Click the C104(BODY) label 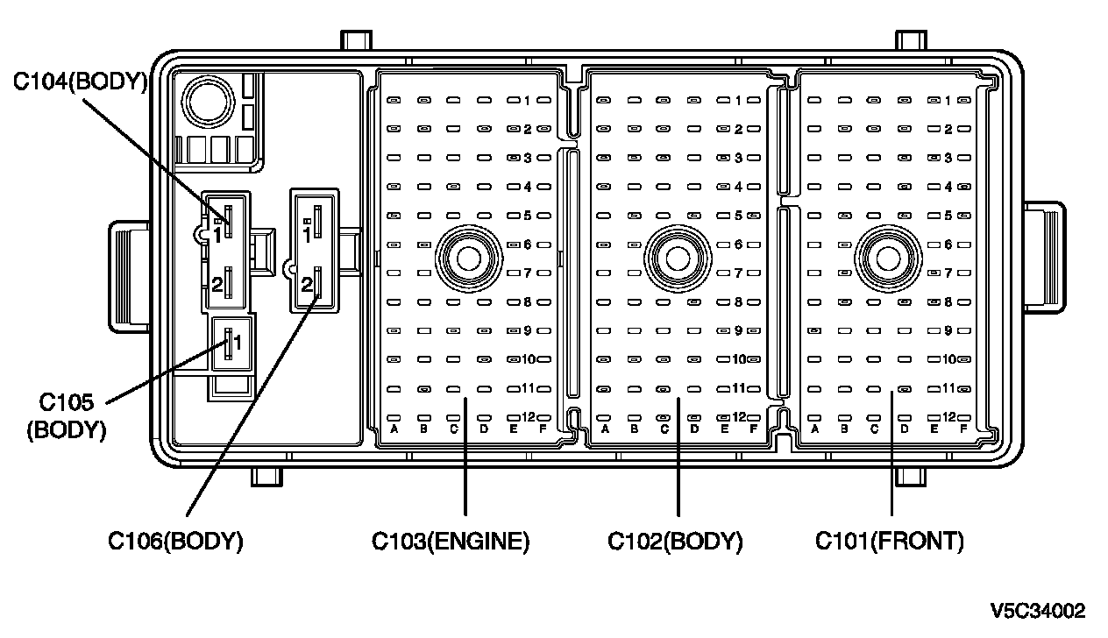(80, 82)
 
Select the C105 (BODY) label (67, 416)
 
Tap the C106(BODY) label (175, 541)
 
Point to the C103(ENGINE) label (451, 541)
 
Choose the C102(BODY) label (675, 541)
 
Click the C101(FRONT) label (890, 541)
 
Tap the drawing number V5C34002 (1038, 611)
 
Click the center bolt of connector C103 (468, 259)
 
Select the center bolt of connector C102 (678, 259)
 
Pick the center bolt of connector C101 (888, 259)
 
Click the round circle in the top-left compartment (208, 102)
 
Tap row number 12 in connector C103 (529, 416)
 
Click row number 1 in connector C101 (948, 101)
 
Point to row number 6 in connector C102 (738, 245)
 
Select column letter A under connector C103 (394, 429)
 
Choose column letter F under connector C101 (963, 429)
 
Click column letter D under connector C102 (694, 429)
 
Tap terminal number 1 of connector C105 (238, 343)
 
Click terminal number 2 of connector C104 (217, 284)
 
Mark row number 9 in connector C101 (948, 330)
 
